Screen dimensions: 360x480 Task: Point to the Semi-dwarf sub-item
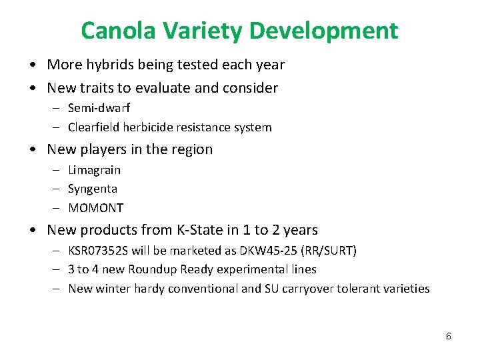click(x=99, y=107)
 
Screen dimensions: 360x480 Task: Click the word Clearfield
click(x=95, y=127)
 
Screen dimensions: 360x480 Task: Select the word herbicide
click(x=153, y=127)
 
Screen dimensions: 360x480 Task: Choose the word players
click(x=101, y=149)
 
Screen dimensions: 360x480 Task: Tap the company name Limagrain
click(x=95, y=170)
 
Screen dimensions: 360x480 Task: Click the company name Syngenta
click(x=93, y=189)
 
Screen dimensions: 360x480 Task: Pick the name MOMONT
click(x=95, y=208)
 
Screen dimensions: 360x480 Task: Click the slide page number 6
click(x=449, y=336)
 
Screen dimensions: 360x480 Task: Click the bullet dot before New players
click(x=33, y=150)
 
